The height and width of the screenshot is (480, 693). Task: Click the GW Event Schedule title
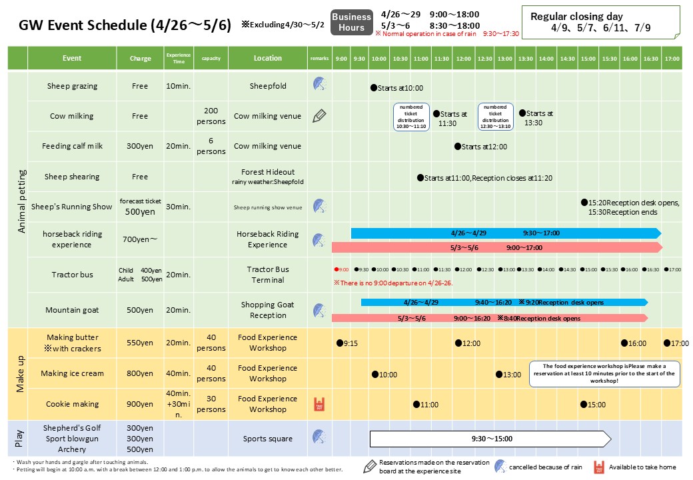[x=125, y=25]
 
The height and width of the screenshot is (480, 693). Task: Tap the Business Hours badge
[x=351, y=22]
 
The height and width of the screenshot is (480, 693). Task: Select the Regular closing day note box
[x=600, y=22]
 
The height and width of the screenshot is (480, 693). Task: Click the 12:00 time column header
[x=463, y=59]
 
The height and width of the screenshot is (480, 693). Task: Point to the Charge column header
[x=140, y=59]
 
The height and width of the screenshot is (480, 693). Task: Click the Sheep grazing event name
[x=72, y=86]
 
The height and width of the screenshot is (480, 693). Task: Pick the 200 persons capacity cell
[x=211, y=116]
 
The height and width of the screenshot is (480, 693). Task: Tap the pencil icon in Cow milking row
[x=319, y=115]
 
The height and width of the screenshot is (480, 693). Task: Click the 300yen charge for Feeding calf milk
[x=140, y=147]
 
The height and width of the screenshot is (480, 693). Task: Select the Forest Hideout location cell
[x=268, y=176]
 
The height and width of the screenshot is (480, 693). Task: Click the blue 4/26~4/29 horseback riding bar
[x=504, y=233]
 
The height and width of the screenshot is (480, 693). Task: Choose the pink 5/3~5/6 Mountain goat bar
[x=490, y=318]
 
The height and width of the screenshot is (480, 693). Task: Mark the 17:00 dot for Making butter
[x=667, y=343]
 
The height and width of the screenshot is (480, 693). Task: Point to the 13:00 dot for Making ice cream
[x=500, y=375]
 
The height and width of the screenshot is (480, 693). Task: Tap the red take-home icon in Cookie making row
[x=319, y=405]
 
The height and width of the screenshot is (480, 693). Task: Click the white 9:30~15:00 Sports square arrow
[x=490, y=439]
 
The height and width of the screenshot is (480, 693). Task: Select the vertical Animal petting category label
[x=21, y=200]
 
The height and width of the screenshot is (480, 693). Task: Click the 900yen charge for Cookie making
[x=140, y=405]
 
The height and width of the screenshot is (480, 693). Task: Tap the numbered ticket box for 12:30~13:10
[x=495, y=116]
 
